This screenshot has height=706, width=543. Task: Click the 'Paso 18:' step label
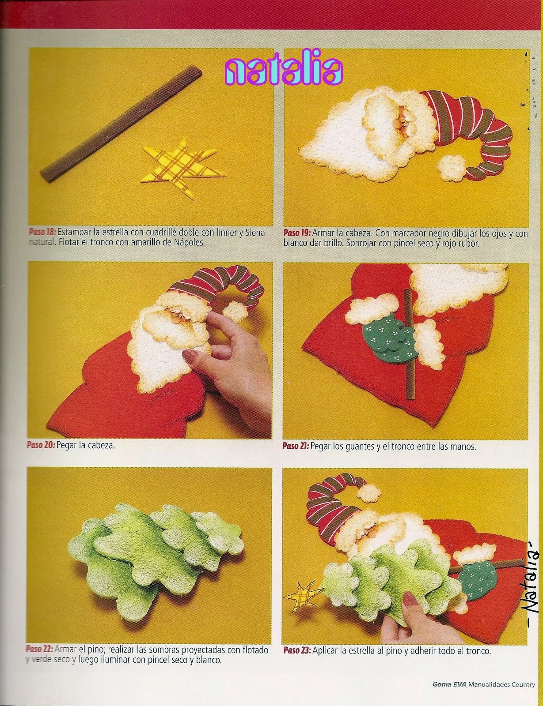coord(42,232)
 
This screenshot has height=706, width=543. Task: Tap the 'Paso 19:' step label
coord(297,233)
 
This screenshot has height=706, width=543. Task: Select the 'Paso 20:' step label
coord(41,445)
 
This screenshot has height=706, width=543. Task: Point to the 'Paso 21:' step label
coord(296,446)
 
